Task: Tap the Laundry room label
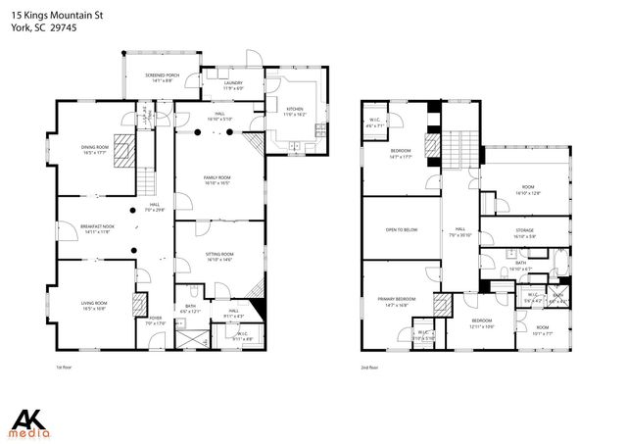[231, 85]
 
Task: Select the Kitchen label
[295, 111]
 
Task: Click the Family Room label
[217, 178]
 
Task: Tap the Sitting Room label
[218, 257]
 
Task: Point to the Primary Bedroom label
[397, 300]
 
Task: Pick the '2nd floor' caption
[370, 368]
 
